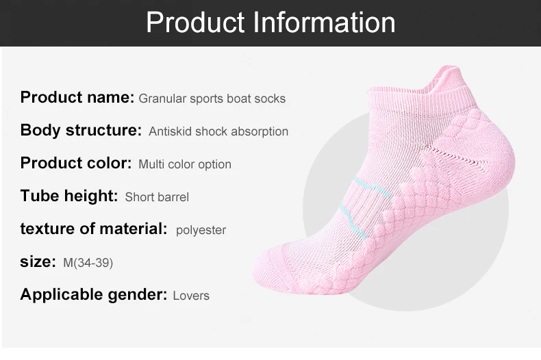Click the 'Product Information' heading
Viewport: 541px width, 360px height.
[x=270, y=23]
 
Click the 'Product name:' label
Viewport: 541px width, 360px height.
[x=77, y=97]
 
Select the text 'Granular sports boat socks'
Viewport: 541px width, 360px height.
[x=212, y=99]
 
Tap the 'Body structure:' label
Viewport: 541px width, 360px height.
[x=81, y=130]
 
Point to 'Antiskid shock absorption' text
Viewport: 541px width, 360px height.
[x=218, y=131]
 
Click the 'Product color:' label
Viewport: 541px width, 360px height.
[x=76, y=163]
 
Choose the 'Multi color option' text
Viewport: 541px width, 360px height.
[x=185, y=164]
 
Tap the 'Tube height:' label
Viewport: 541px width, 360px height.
[x=69, y=196]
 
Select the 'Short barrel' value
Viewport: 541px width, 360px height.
[x=157, y=197]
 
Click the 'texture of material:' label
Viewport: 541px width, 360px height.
[x=94, y=229]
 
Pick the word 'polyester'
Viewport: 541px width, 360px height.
[x=201, y=231]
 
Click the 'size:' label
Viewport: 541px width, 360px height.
[x=38, y=262]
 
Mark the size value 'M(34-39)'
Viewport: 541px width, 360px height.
[x=88, y=263]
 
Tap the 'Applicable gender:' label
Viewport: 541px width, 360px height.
[x=94, y=294]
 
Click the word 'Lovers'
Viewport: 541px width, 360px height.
[x=191, y=296]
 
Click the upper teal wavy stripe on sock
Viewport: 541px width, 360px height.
[x=373, y=186]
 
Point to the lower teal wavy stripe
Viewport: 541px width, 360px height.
[x=352, y=220]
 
